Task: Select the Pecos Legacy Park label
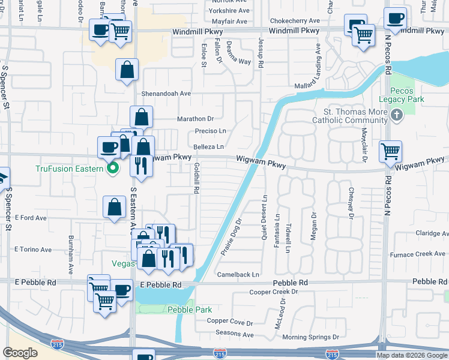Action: click(x=402, y=94)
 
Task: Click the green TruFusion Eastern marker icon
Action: click(x=112, y=169)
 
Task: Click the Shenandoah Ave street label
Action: click(x=166, y=94)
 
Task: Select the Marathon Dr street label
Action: click(x=195, y=119)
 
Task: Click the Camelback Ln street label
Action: click(x=238, y=274)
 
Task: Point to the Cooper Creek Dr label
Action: click(x=273, y=292)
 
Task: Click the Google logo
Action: click(x=20, y=352)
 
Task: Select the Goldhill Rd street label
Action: click(x=196, y=178)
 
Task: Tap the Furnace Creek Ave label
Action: click(x=423, y=254)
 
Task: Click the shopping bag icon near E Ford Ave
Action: click(x=114, y=207)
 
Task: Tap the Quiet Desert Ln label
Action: click(x=264, y=217)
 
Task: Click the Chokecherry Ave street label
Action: click(x=294, y=20)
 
